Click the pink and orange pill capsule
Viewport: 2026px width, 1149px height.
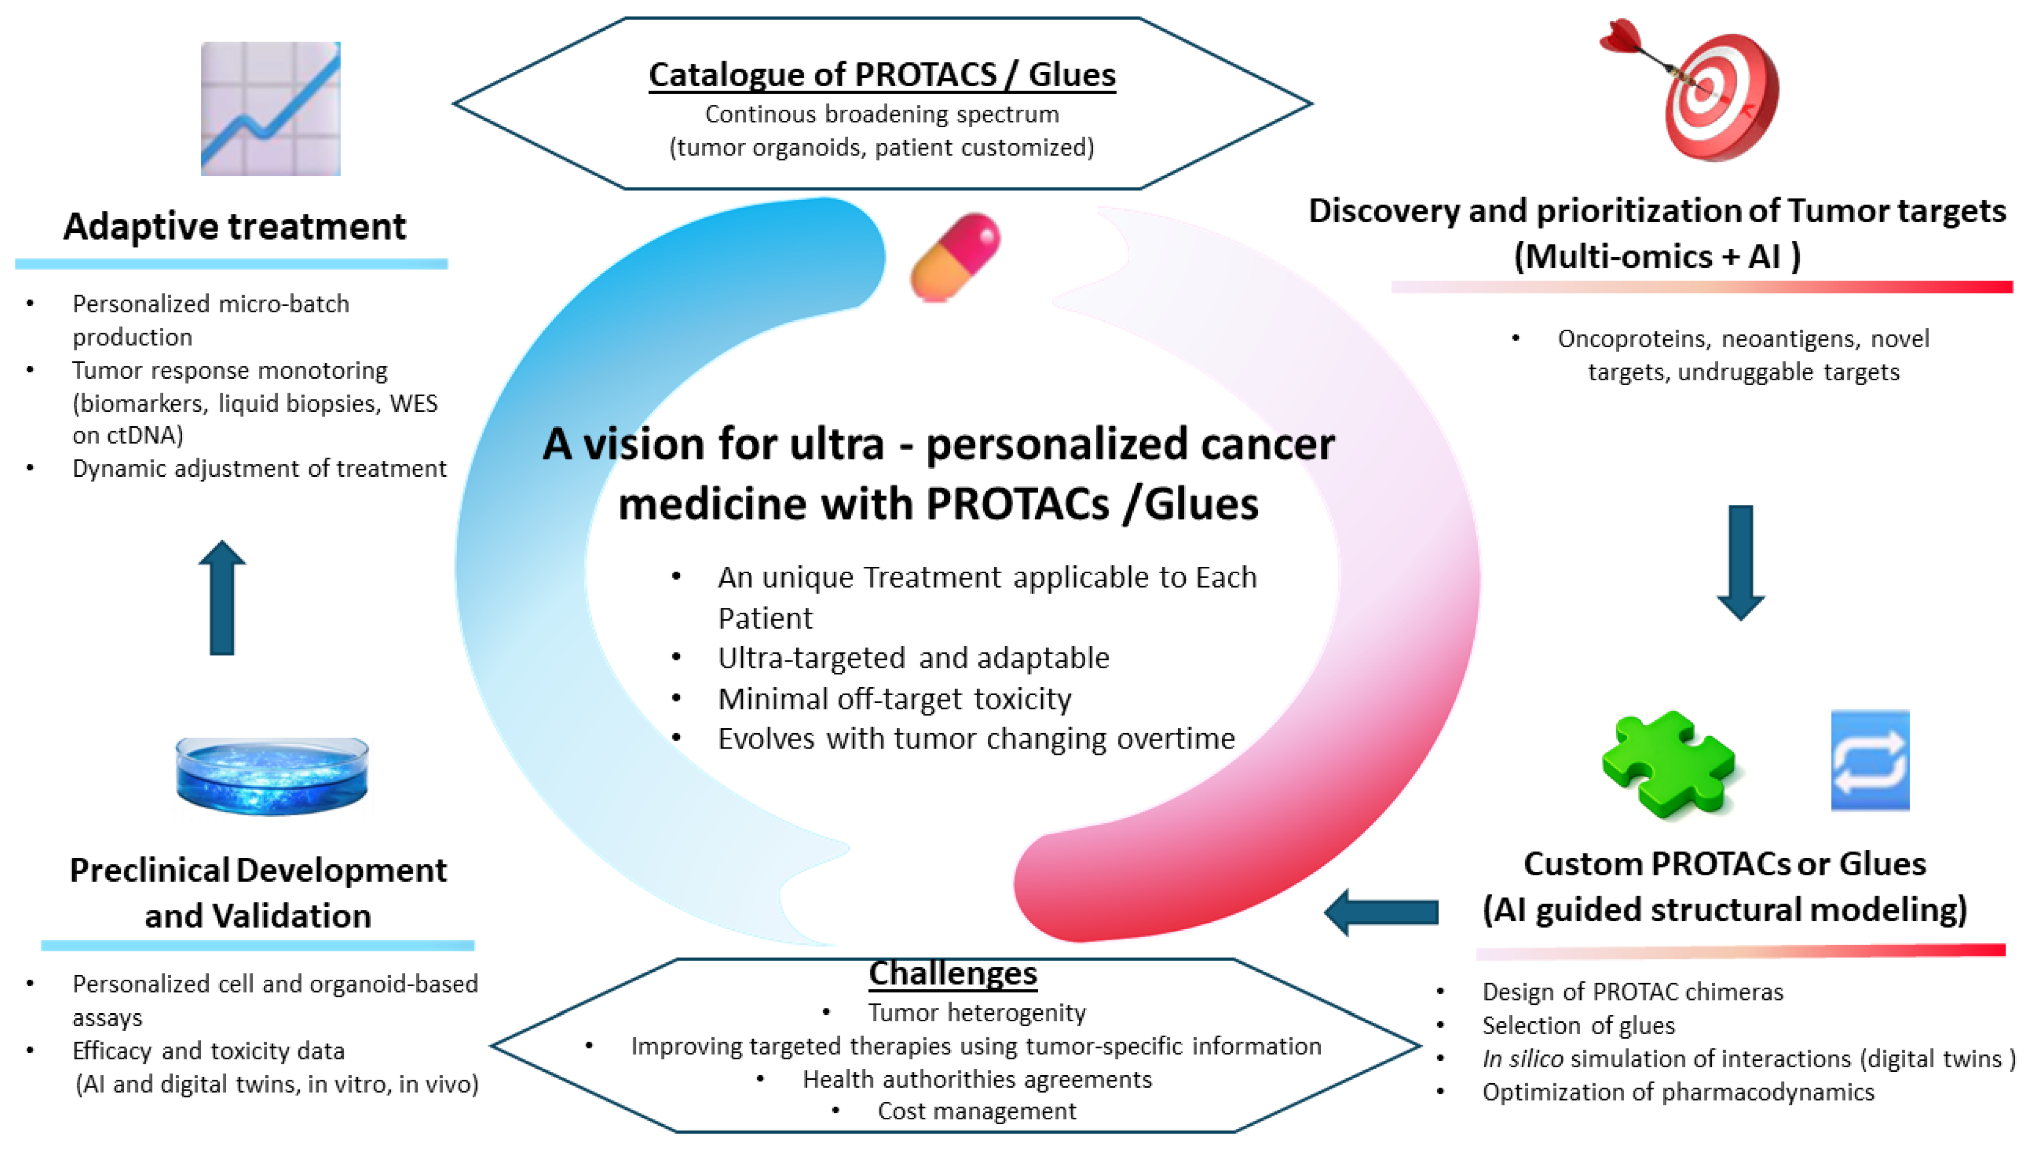[955, 256]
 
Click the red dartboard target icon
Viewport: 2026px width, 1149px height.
[1703, 91]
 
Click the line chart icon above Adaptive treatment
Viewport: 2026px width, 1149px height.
[271, 109]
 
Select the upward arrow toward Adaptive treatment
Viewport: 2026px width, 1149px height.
[222, 598]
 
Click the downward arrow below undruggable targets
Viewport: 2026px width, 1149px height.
[1740, 562]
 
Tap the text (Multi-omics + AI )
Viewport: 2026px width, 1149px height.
[1656, 256]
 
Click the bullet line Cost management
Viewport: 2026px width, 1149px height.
[976, 1110]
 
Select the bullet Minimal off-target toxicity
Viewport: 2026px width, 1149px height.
[894, 699]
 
